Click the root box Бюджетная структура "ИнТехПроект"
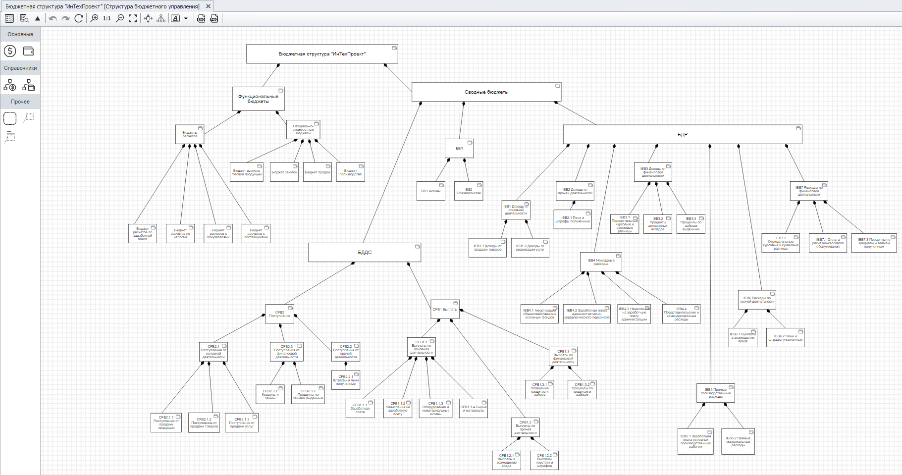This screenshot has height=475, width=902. [322, 54]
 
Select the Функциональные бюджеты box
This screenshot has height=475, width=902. [258, 99]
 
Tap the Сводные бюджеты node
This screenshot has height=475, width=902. [486, 92]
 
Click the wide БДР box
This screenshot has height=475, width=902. [682, 135]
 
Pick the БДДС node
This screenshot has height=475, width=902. [364, 253]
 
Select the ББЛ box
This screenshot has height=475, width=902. [459, 149]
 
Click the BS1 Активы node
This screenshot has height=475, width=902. [430, 191]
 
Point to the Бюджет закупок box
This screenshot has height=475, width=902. [284, 172]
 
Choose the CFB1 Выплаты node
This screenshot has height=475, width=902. [445, 310]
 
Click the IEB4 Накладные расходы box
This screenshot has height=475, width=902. [601, 262]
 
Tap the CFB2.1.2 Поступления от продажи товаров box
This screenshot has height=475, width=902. [204, 423]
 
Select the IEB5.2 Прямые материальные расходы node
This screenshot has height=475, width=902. [738, 441]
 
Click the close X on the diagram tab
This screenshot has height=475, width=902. [209, 6]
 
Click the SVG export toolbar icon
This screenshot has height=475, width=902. [201, 18]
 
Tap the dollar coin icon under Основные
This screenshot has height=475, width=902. [10, 51]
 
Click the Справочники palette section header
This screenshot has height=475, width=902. [20, 68]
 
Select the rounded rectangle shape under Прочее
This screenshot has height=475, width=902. [10, 118]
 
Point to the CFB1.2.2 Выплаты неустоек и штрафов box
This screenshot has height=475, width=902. [544, 460]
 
